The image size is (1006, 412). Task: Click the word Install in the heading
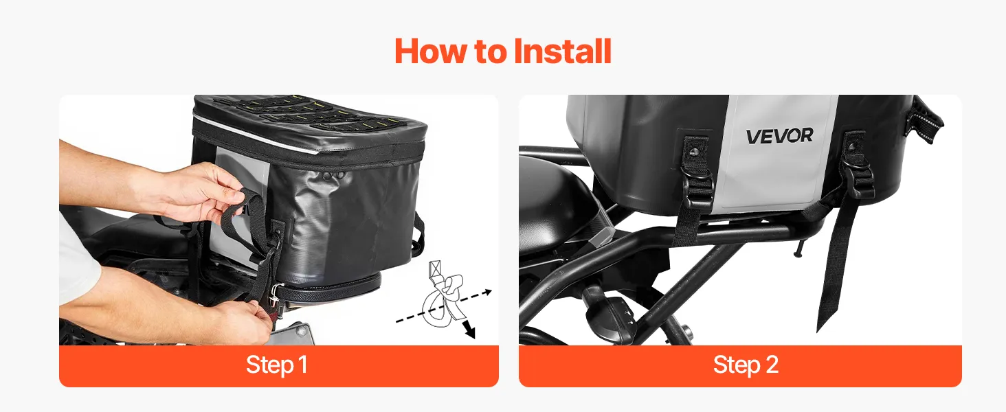click(562, 51)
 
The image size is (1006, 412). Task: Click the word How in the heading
click(431, 51)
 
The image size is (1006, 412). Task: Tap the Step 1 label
click(277, 365)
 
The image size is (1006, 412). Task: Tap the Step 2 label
click(746, 365)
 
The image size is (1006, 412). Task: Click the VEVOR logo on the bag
click(780, 135)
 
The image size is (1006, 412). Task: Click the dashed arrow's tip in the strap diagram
click(489, 292)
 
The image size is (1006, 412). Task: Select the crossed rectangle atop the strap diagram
click(436, 268)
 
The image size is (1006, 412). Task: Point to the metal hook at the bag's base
click(275, 294)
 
